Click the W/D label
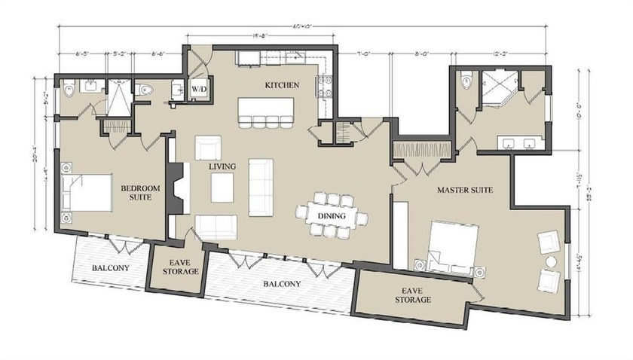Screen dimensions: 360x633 tap(199, 89)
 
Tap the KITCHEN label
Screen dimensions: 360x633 tap(278, 86)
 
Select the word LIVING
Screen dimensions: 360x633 tap(224, 165)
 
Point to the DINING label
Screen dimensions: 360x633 tap(332, 216)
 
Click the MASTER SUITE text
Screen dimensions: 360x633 tap(465, 191)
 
